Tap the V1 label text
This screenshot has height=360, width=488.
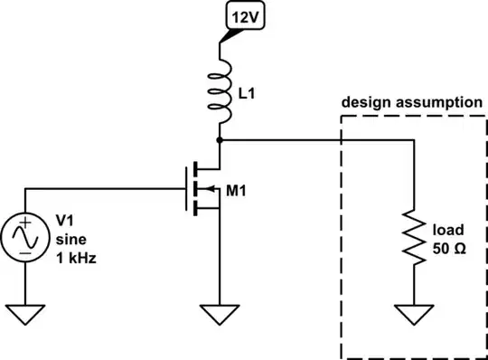click(66, 221)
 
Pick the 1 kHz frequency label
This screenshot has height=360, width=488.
click(75, 257)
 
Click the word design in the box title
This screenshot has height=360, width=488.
click(365, 102)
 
